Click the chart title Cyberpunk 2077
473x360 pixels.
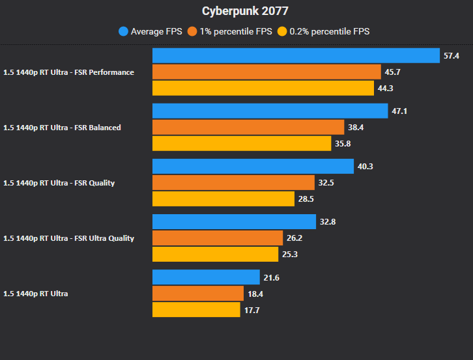tap(236, 12)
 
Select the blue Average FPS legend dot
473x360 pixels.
tap(123, 31)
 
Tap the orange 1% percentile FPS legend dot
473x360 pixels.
tap(192, 31)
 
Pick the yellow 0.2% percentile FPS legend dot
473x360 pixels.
tap(282, 31)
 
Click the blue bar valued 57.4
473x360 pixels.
tap(296, 56)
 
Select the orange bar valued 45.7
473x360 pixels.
tap(266, 72)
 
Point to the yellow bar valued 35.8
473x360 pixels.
tap(242, 143)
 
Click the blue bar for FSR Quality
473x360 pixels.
tap(253, 167)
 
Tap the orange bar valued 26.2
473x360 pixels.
tap(218, 238)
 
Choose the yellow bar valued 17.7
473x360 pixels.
tap(196, 309)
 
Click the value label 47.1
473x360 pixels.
tap(399, 111)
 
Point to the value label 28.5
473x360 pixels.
tap(306, 199)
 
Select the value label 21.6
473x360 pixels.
tap(270, 278)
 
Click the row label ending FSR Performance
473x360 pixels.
tap(68, 72)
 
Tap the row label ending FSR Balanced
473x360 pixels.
tap(62, 128)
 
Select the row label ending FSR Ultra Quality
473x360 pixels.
tap(68, 238)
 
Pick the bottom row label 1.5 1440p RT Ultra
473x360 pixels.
tap(36, 294)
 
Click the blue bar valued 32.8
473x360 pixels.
tap(234, 222)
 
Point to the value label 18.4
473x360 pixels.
tap(255, 294)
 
